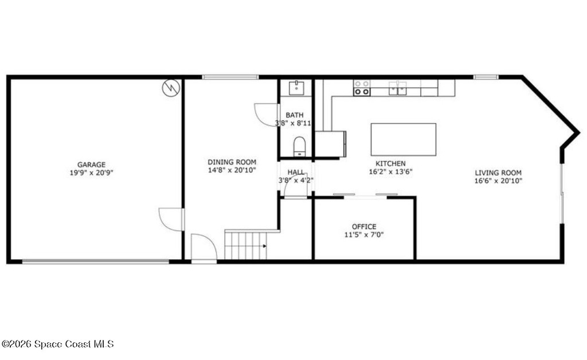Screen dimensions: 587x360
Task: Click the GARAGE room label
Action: tap(91, 165)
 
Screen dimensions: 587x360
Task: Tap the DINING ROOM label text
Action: tap(232, 162)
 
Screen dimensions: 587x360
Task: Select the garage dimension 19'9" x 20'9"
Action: tap(91, 173)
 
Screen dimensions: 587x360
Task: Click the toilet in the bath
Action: tap(299, 146)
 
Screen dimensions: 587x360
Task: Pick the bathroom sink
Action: tap(296, 88)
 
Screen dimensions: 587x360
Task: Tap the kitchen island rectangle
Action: tap(404, 139)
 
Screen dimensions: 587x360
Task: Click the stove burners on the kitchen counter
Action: tap(362, 88)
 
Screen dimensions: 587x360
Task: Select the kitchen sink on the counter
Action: tap(398, 88)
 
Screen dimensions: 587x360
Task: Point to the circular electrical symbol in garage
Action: tap(171, 88)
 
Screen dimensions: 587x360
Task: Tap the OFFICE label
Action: tap(364, 227)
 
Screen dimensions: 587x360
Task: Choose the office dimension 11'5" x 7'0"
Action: tap(364, 235)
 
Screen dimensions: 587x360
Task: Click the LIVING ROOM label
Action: tap(498, 173)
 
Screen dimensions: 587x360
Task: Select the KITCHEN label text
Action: tap(390, 163)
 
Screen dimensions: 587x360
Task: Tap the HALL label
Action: tap(296, 172)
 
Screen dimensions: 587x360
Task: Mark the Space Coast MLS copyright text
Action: tap(58, 344)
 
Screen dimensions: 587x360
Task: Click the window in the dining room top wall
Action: tap(230, 77)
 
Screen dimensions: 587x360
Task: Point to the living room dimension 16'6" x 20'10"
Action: tap(498, 181)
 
